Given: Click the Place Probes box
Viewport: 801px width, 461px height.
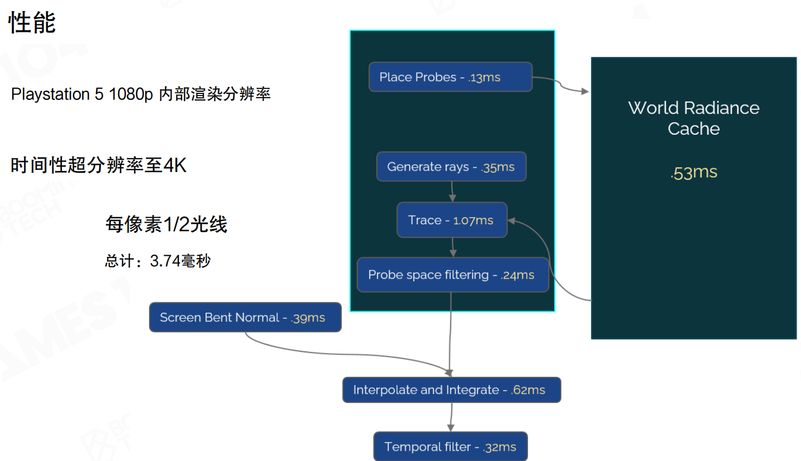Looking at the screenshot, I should (450, 77).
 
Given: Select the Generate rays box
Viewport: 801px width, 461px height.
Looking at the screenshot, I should (451, 167).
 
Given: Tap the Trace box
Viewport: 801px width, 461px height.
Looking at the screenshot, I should (451, 220).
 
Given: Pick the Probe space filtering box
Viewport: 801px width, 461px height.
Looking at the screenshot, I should (452, 275).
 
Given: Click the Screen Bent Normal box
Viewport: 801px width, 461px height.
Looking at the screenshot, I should (245, 317).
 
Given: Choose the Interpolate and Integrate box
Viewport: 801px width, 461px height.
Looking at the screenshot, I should (451, 390).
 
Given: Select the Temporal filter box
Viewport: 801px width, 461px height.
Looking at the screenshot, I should (450, 446).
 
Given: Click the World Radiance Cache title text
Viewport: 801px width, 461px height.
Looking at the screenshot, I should (693, 118).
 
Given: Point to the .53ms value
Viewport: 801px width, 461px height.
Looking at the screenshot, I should (694, 172).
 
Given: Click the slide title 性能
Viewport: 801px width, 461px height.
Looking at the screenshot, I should (32, 23).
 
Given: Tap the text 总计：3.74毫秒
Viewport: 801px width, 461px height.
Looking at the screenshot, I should (158, 261).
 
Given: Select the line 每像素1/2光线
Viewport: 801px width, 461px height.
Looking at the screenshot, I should (166, 224).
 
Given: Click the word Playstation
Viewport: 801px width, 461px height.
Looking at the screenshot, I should (51, 94).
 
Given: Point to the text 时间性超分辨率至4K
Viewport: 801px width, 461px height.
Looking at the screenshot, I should (98, 165).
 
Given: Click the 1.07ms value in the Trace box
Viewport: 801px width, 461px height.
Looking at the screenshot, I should (473, 220).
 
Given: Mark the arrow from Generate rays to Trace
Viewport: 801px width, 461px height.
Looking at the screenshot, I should (452, 191).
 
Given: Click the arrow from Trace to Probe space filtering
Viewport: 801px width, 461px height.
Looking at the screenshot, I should (453, 247).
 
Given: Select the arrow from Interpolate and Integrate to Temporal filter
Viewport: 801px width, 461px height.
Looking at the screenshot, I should (451, 417).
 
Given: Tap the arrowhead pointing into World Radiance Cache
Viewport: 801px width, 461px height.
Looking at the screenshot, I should (585, 91).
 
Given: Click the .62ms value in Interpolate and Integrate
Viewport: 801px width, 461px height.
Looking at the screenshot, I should (528, 390).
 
